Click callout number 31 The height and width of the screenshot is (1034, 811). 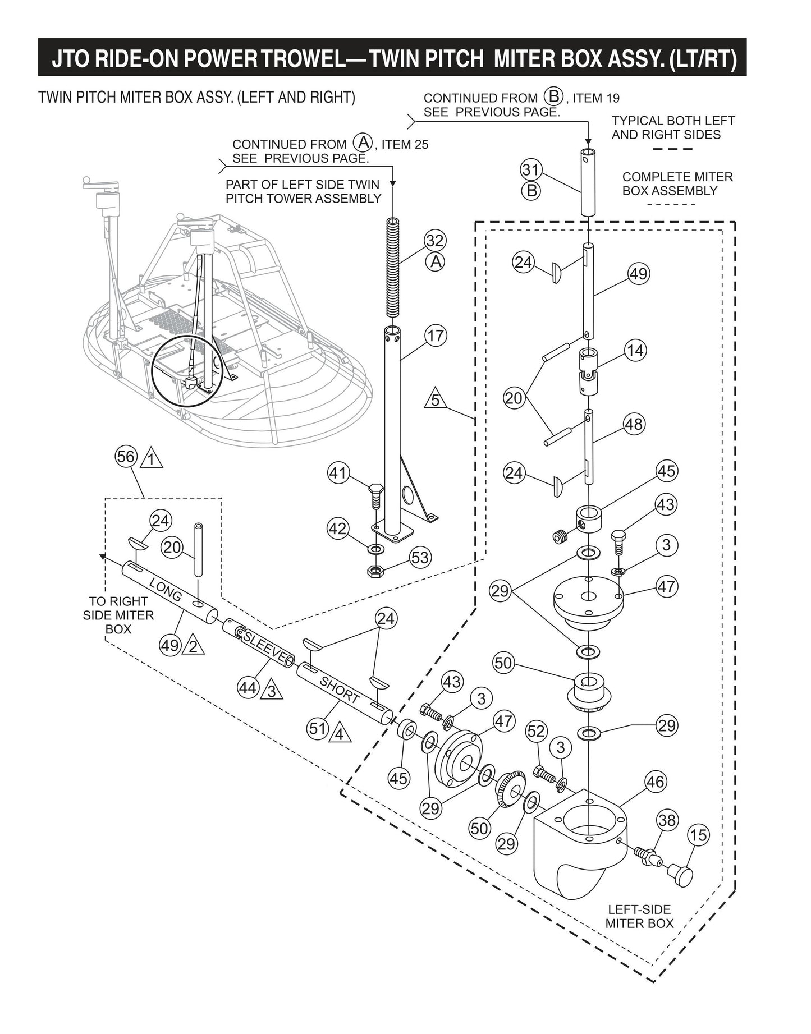click(x=530, y=169)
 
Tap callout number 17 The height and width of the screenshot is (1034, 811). click(x=435, y=336)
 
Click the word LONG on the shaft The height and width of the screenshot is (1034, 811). click(x=166, y=588)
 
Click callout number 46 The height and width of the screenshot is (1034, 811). click(x=655, y=782)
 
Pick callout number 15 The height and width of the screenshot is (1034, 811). click(x=698, y=835)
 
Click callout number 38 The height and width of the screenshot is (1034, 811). click(x=667, y=821)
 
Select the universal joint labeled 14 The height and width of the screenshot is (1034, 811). click(x=588, y=371)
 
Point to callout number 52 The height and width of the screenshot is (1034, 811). click(x=536, y=730)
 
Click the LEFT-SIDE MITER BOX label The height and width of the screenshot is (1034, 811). click(x=639, y=916)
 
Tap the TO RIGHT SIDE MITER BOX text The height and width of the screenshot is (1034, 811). click(x=118, y=615)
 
